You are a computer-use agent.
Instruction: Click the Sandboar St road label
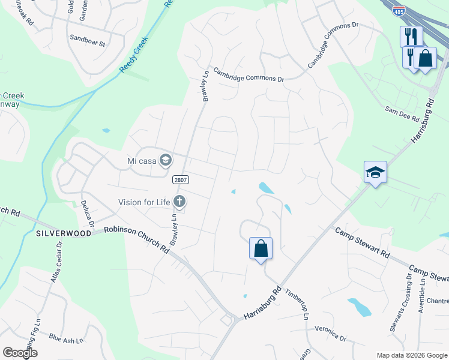(88, 44)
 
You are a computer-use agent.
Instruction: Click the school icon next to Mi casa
(166, 160)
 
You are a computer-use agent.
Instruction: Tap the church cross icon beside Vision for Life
(179, 202)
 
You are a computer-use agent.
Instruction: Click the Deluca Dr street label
(88, 213)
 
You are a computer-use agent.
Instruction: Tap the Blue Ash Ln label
(66, 339)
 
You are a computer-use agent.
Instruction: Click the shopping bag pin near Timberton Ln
(261, 248)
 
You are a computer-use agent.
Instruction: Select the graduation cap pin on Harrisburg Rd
(375, 173)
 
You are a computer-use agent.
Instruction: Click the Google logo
(19, 353)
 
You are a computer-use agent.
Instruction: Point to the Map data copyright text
(411, 355)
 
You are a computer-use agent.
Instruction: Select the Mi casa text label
(141, 160)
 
